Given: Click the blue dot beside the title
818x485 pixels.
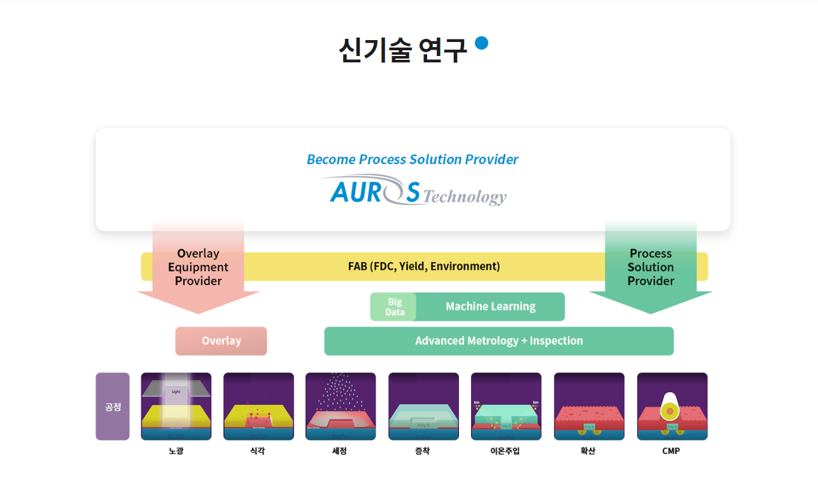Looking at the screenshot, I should point(481,43).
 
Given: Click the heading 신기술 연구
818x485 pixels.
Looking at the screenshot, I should point(402,50).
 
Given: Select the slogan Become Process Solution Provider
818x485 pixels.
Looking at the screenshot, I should point(413,159).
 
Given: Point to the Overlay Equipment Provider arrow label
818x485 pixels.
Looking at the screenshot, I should point(198,267).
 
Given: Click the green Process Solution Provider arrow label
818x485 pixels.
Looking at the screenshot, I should point(651,267).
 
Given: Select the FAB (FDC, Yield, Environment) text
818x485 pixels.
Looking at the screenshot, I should point(424,266).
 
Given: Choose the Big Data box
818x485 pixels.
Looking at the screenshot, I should point(394,307).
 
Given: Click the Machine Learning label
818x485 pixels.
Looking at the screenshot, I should point(490,307).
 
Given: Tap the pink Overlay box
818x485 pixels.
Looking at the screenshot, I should point(221,341).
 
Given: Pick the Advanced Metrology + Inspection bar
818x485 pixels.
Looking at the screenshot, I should point(498,341).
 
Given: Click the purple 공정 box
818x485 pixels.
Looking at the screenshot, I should point(113,406).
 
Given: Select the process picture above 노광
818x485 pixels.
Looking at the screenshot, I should point(176,406).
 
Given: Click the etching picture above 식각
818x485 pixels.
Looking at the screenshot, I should point(258,406).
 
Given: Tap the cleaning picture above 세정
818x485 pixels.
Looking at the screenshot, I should point(341,406).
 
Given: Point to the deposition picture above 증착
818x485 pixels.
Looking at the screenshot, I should point(423,406).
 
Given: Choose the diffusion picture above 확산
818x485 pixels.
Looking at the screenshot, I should point(589,406).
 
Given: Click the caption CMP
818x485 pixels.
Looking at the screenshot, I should point(671,451).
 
